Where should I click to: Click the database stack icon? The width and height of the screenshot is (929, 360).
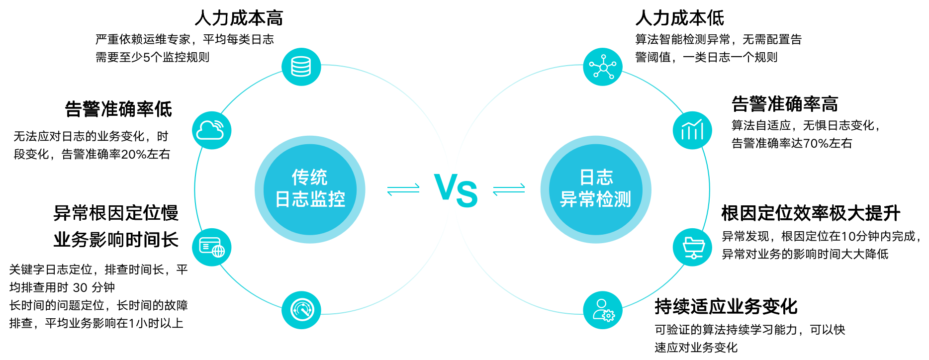301,67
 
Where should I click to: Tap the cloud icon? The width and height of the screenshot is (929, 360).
211,130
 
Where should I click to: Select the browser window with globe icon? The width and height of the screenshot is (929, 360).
211,247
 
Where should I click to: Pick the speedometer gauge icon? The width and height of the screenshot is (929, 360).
301,310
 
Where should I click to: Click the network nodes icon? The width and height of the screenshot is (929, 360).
602,67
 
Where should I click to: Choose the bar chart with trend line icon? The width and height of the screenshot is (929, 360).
692,130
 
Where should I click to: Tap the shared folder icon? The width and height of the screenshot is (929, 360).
692,247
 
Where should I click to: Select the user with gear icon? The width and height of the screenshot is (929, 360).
602,310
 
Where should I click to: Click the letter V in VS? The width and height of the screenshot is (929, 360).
445,186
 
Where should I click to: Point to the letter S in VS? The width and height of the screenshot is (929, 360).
466,194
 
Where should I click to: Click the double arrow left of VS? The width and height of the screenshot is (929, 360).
403,189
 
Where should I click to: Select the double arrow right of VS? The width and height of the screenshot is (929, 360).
509,189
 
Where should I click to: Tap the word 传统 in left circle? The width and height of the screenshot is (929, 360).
309,177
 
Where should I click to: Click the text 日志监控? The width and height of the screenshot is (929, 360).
310,199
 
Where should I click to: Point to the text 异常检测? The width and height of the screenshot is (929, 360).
595,199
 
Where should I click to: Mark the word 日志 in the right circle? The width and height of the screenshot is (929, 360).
596,177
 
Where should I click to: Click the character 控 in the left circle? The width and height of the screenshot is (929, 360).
337,199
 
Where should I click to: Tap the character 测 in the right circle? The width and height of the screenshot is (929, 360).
622,199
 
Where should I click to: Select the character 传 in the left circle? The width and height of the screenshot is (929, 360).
300,177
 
